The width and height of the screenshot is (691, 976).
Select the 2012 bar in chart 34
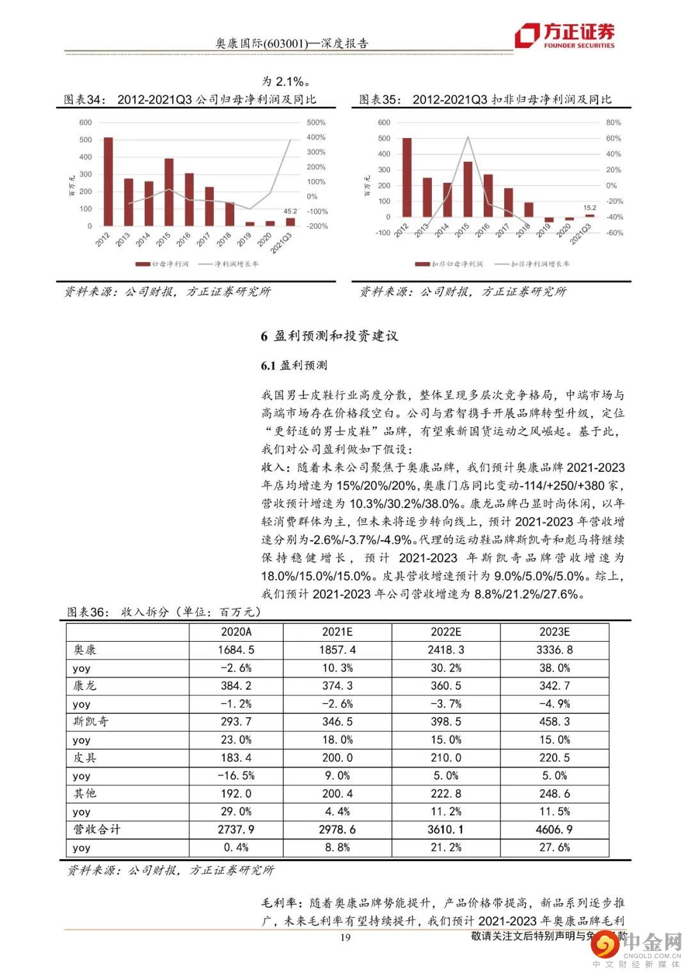[x=108, y=182]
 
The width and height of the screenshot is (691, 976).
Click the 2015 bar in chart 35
[x=468, y=189]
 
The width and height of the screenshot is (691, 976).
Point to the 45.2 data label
[x=290, y=210]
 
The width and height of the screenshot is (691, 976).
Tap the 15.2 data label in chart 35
[x=589, y=207]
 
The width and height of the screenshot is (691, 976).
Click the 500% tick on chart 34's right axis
[x=316, y=123]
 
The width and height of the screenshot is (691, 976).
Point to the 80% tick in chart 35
[x=613, y=123]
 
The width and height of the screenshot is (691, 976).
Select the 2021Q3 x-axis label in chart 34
[x=282, y=242]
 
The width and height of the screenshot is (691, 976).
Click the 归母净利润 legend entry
[x=163, y=264]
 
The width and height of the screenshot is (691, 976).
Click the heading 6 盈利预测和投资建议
[x=329, y=336]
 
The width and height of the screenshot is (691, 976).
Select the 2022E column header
[x=445, y=632]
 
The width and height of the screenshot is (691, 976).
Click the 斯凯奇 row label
[x=91, y=722]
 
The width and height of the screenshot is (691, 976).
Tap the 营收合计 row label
[x=97, y=830]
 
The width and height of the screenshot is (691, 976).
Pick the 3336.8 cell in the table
[x=554, y=650]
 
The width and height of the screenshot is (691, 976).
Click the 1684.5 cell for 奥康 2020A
[x=236, y=650]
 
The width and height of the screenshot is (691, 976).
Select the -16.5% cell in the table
[x=236, y=776]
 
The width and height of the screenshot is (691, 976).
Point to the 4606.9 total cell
[x=554, y=830]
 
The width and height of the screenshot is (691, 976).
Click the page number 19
[x=345, y=938]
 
